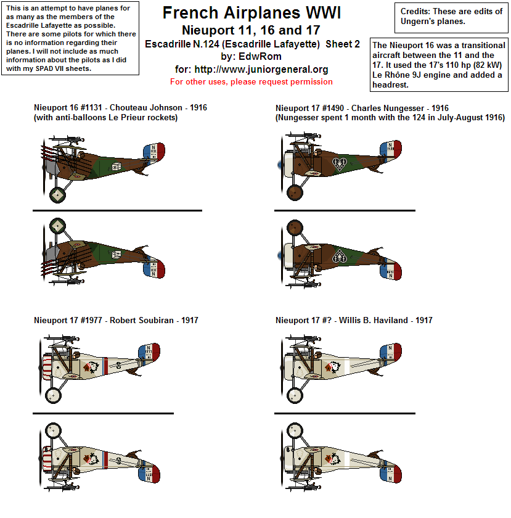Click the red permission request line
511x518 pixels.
pyautogui.click(x=251, y=81)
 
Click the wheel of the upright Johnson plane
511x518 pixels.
pyautogui.click(x=58, y=194)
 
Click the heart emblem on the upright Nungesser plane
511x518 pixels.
pyautogui.click(x=338, y=163)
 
